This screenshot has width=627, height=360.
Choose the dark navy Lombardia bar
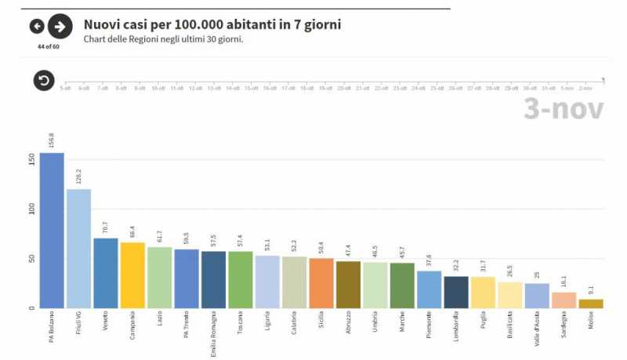[455, 292]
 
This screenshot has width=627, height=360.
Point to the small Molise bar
[591, 304]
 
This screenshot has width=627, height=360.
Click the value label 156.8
[52, 140]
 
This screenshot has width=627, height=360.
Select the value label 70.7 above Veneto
[106, 227]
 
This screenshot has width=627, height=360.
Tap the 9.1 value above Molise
[591, 290]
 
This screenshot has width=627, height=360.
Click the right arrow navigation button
[60, 27]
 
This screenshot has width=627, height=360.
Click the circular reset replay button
[43, 80]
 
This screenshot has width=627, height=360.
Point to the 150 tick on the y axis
[31, 159]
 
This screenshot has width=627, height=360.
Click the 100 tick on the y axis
[31, 209]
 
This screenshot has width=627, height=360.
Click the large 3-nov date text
[564, 109]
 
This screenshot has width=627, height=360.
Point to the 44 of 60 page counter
[48, 46]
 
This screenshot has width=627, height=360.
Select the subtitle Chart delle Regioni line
[163, 38]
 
